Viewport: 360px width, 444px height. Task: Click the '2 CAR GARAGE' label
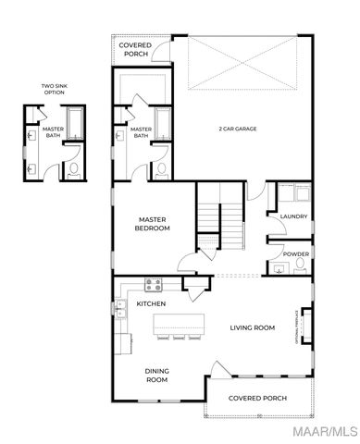(238, 129)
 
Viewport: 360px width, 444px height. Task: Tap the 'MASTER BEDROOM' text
(152, 223)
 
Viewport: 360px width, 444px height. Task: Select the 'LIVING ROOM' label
(253, 327)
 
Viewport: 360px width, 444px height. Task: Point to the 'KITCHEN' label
(151, 303)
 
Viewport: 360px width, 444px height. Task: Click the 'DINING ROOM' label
(156, 375)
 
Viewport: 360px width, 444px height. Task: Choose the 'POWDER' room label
(295, 253)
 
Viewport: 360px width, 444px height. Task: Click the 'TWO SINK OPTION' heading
(54, 90)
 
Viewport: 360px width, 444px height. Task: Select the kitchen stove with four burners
(153, 285)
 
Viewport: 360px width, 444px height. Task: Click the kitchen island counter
(180, 324)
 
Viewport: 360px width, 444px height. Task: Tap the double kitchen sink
(120, 309)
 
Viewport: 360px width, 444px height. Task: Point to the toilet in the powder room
(299, 265)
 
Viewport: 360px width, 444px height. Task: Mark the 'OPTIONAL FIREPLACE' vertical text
(296, 325)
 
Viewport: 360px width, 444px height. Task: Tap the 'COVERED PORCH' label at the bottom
(257, 398)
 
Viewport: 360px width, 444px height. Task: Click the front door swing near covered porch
(216, 372)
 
